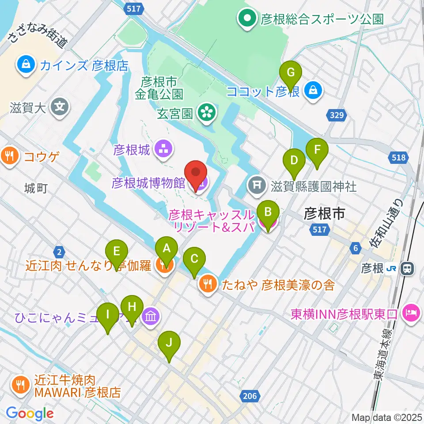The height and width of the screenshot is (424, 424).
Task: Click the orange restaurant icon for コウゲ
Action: pyautogui.click(x=9, y=155)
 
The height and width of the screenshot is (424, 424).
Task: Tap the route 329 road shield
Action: pyautogui.click(x=337, y=115)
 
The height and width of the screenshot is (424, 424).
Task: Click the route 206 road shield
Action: pyautogui.click(x=250, y=396)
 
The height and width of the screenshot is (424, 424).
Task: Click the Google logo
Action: pyautogui.click(x=30, y=413)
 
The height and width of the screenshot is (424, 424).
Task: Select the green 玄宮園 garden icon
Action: pyautogui.click(x=206, y=114)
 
